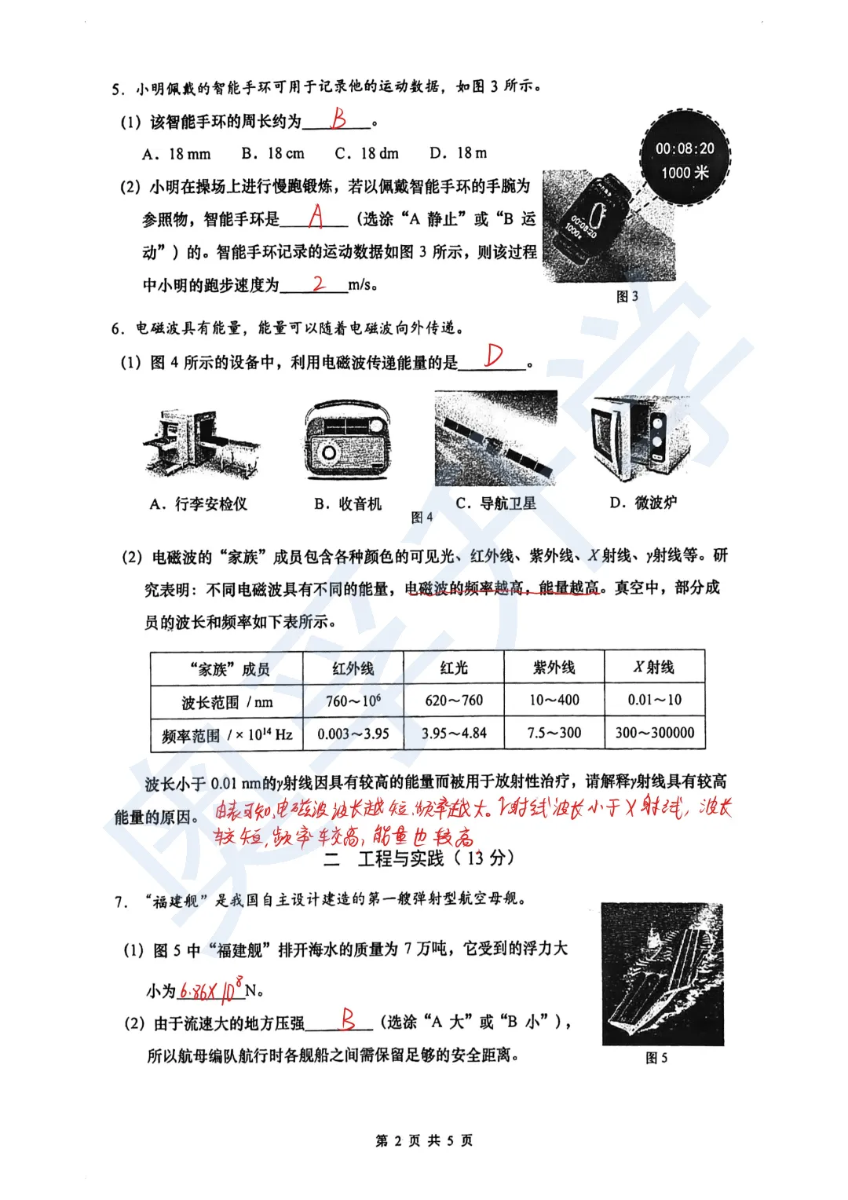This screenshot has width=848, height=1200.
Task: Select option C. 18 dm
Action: pos(367,153)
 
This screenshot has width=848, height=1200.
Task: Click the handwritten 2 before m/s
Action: pos(319,284)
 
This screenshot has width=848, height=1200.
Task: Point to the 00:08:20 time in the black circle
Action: pos(685,148)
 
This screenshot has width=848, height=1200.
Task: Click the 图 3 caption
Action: pos(627,297)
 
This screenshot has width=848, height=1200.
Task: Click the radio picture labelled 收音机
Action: pos(347,441)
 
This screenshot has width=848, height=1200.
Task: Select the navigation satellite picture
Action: pos(495,438)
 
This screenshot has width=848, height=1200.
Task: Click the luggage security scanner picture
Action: pos(199,445)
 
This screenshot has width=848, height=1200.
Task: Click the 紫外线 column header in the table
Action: pos(554,668)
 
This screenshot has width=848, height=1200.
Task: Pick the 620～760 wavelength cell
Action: pos(454,701)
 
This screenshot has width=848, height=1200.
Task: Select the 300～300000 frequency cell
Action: pos(655,733)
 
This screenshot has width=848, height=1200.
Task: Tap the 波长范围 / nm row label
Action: pos(227,702)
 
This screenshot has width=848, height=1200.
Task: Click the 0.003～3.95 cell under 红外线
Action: pos(353,734)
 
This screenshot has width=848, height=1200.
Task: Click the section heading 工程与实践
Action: pos(400,858)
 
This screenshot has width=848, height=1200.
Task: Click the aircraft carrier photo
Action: pos(662,974)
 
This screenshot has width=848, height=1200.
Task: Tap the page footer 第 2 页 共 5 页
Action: pos(424,1140)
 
